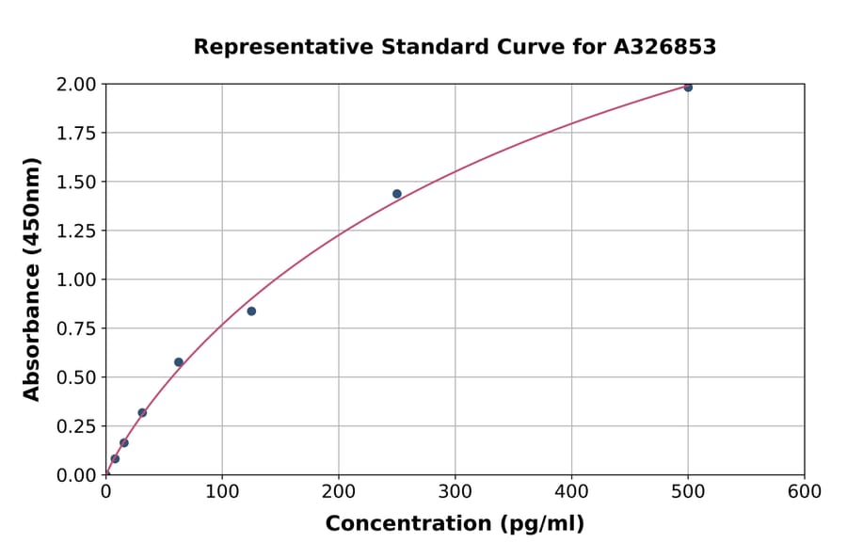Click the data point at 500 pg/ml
click(x=688, y=88)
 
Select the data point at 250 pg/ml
click(x=397, y=194)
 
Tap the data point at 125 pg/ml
click(x=251, y=311)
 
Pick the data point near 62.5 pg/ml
click(x=179, y=362)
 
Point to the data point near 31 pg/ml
click(x=142, y=413)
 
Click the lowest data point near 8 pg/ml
click(x=115, y=459)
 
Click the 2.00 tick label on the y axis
click(x=77, y=85)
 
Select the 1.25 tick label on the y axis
click(x=77, y=231)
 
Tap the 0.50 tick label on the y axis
click(x=77, y=377)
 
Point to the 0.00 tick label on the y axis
click(x=77, y=475)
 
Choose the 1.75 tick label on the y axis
click(x=77, y=134)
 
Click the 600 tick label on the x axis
click(x=805, y=492)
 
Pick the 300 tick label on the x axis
click(x=455, y=492)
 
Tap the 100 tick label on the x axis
click(x=222, y=492)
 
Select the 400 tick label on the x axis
click(x=571, y=492)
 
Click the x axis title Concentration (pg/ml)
click(x=455, y=524)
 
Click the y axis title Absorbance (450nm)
click(x=32, y=279)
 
